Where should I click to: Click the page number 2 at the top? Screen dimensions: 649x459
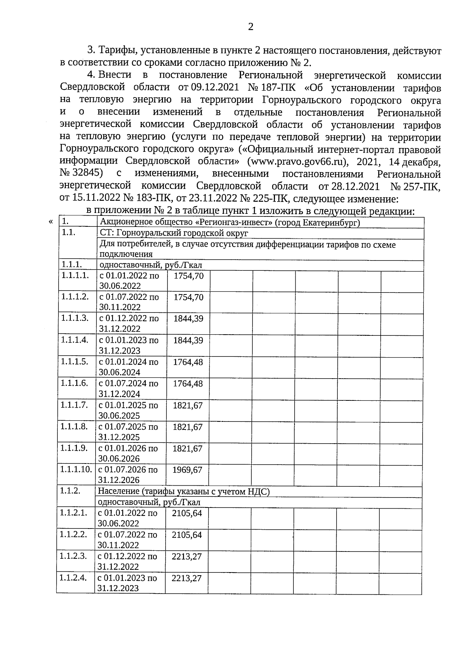pyautogui.click(x=251, y=27)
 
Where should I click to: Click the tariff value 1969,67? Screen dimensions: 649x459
pyautogui.click(x=187, y=470)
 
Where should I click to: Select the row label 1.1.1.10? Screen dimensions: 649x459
pyautogui.click(x=76, y=470)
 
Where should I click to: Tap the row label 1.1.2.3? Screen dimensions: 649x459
pyautogui.click(x=73, y=556)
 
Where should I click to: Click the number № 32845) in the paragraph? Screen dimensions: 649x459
pyautogui.click(x=81, y=174)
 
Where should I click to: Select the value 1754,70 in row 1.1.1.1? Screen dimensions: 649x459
pyautogui.click(x=189, y=276)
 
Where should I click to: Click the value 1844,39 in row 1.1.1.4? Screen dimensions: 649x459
pyautogui.click(x=188, y=340)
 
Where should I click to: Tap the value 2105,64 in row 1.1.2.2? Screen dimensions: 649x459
pyautogui.click(x=187, y=535)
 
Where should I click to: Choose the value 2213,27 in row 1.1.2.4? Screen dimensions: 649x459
pyautogui.click(x=187, y=578)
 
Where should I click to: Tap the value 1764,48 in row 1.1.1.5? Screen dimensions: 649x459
pyautogui.click(x=188, y=362)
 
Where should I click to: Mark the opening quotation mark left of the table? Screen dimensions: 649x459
pyautogui.click(x=51, y=222)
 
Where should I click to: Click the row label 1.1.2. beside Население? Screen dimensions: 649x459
pyautogui.click(x=70, y=491)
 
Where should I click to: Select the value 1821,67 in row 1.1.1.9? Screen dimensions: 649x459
pyautogui.click(x=187, y=448)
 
